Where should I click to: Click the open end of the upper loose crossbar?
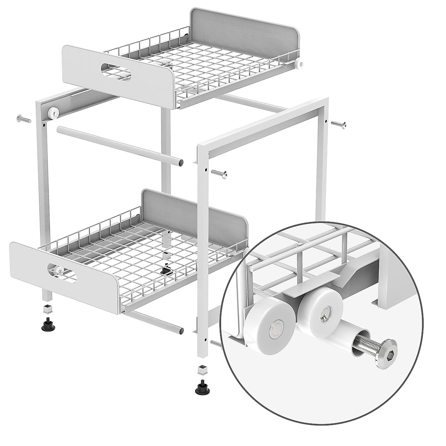pos(180,162)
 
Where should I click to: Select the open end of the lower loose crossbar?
pos(180,330)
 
